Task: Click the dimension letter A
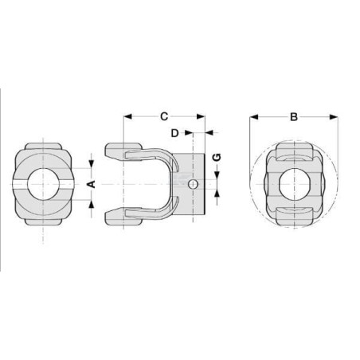[92, 184]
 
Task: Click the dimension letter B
[294, 117]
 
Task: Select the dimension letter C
[164, 116]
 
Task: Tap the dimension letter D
[174, 133]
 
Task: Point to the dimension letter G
[217, 157]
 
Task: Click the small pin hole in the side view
[193, 184]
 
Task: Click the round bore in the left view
[43, 184]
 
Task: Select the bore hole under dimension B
[295, 184]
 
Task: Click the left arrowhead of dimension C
[127, 116]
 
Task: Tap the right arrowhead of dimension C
[201, 116]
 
